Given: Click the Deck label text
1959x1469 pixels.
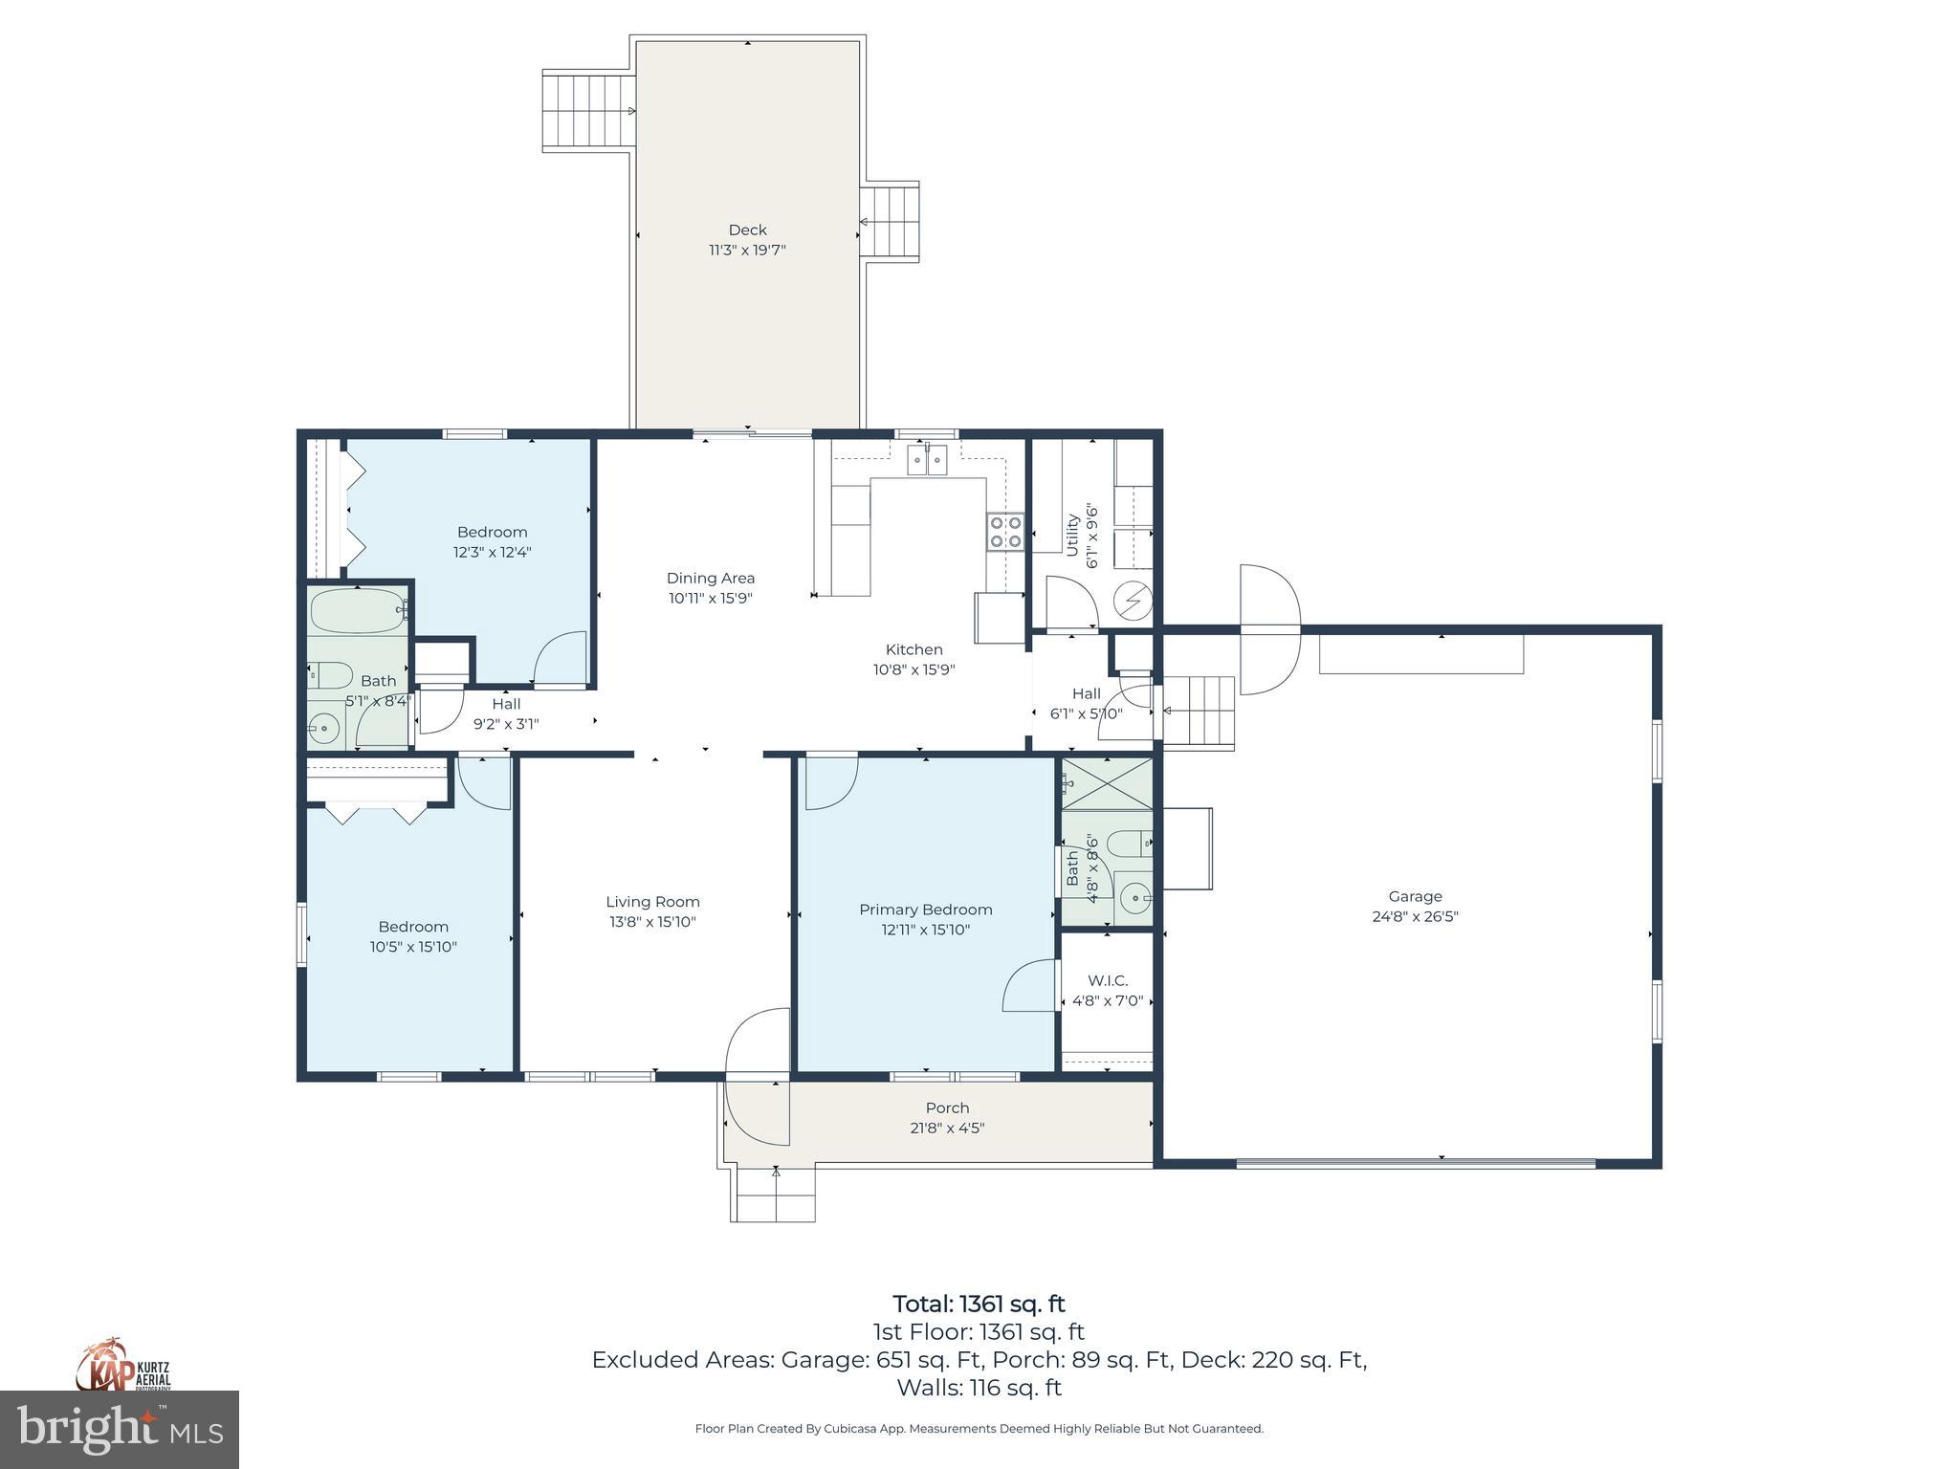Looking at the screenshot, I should click(747, 230).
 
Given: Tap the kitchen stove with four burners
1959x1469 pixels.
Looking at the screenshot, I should click(1005, 532).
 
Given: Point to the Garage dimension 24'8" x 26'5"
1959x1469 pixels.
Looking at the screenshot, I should click(1415, 916).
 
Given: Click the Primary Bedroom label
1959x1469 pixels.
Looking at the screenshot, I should click(925, 910).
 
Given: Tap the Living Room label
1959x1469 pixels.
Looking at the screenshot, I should click(652, 902).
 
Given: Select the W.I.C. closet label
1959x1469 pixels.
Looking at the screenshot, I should click(1108, 980).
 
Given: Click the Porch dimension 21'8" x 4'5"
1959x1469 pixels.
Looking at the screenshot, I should click(947, 1128).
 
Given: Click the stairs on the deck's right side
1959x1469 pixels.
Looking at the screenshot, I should click(891, 222).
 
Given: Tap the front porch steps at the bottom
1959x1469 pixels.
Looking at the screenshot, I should click(775, 1195).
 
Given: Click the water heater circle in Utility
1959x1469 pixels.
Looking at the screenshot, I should click(1134, 602).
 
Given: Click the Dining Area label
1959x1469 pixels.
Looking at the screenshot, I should click(710, 578).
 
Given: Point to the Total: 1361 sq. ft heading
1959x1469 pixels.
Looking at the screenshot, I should click(979, 1304).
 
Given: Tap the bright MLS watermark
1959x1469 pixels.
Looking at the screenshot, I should click(120, 1430).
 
